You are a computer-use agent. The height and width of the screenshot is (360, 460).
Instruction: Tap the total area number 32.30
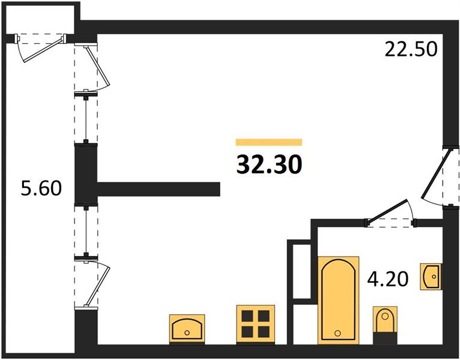(x=268, y=164)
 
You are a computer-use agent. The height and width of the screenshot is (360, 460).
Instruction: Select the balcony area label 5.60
(x=40, y=189)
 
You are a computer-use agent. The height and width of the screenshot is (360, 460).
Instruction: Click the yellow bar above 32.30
(x=268, y=142)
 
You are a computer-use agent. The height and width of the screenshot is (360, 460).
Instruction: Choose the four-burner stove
(x=255, y=323)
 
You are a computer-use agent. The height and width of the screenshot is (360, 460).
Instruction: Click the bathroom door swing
(x=389, y=211)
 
